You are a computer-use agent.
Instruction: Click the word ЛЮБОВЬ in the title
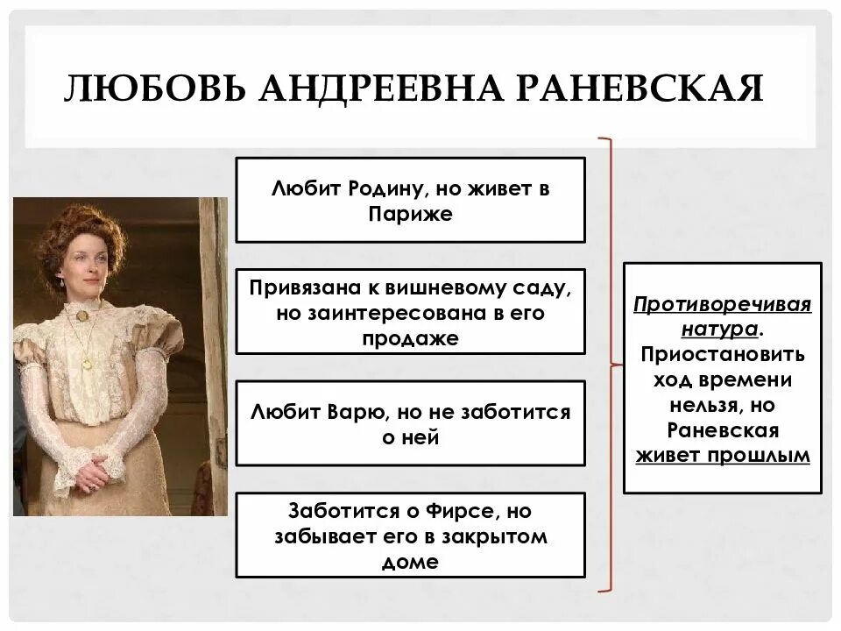coord(140,89)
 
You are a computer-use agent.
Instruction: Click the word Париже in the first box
coord(410,214)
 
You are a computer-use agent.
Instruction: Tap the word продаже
coord(410,338)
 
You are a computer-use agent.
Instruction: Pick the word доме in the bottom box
coord(410,562)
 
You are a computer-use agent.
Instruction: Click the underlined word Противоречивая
coord(723,305)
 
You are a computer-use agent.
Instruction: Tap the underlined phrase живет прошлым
coord(723,456)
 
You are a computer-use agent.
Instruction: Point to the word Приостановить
coord(723,355)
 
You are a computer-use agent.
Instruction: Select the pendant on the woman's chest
coord(87,359)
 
